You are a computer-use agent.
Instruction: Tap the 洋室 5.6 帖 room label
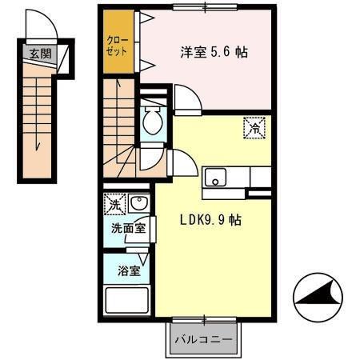coord(212,53)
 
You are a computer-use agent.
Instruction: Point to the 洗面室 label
coord(128,228)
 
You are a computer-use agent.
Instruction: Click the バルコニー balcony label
coord(204,339)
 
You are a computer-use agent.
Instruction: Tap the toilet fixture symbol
coord(150,122)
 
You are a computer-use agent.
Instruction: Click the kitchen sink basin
coord(216,178)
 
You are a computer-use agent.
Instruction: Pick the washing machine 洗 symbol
coord(115,205)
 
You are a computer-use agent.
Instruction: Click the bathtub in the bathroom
coord(128,302)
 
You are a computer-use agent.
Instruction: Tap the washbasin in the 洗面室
coord(138,205)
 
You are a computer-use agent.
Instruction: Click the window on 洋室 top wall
coord(205,7)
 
